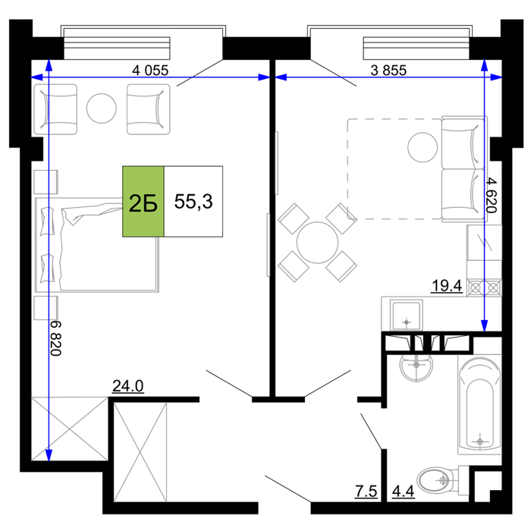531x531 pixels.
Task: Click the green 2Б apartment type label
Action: click(143, 202)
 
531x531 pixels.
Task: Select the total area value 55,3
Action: click(193, 202)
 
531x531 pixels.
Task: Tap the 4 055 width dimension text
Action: click(150, 71)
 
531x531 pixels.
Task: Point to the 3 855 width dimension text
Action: click(388, 71)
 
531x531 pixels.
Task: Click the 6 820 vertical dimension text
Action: click(56, 338)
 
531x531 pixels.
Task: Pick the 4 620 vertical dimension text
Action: click(491, 196)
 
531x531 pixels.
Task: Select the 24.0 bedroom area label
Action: click(128, 385)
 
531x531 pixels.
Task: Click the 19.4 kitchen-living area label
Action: click(447, 286)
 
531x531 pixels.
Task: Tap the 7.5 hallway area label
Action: click(366, 491)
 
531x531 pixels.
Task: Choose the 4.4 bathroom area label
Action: click(404, 491)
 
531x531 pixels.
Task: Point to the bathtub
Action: click(479, 404)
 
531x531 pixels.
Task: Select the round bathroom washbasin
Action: click(416, 367)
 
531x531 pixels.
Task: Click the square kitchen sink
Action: click(407, 315)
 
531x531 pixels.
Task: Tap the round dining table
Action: click(317, 243)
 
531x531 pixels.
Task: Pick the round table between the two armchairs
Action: click(102, 108)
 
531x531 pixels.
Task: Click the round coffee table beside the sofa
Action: click(423, 147)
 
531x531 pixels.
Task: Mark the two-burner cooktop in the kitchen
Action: click(485, 287)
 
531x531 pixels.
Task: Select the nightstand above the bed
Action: click(46, 182)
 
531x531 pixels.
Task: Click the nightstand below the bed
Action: click(46, 308)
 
